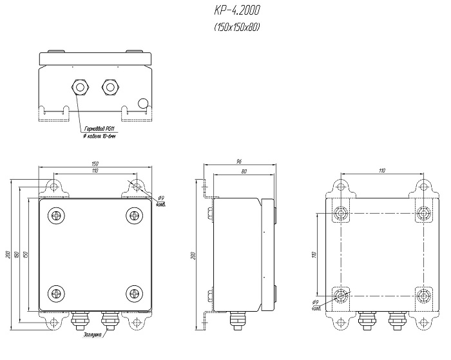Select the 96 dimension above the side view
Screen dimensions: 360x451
tap(238, 161)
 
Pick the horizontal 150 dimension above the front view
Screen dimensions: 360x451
tap(95, 164)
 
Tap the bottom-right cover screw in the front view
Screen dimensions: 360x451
tap(133, 292)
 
